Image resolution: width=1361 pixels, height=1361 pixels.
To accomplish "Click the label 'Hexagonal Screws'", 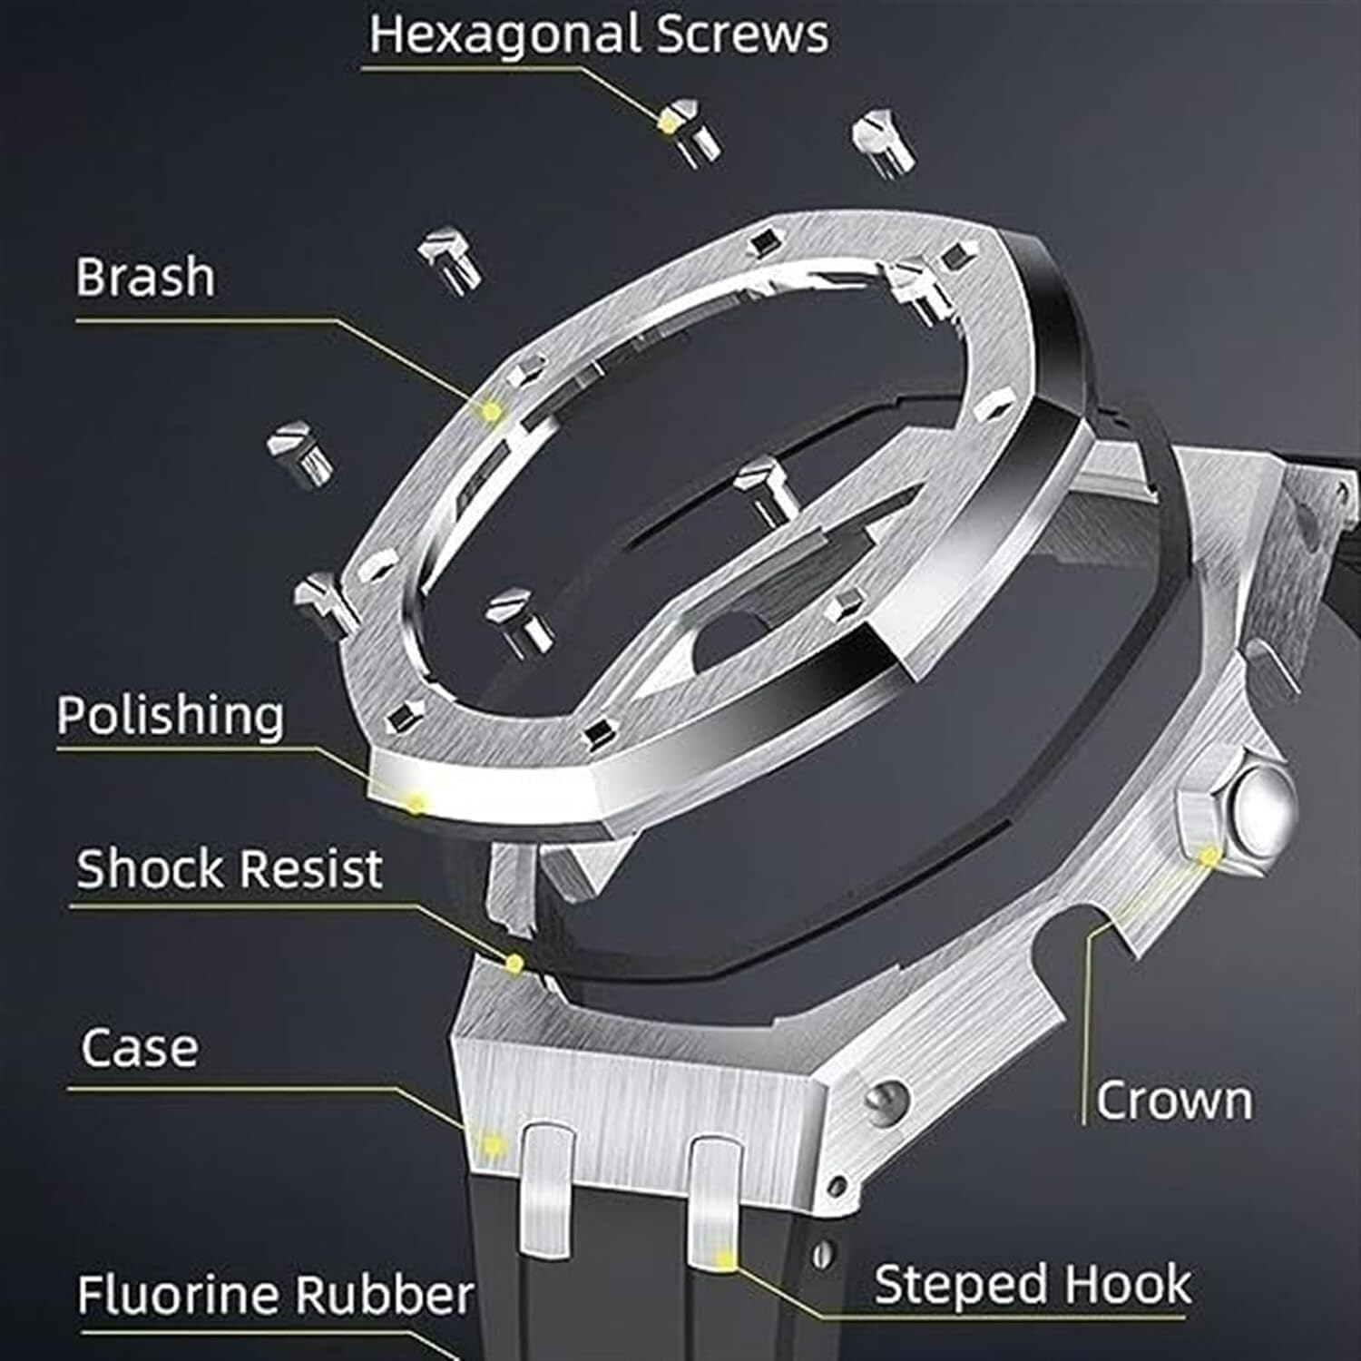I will tap(599, 34).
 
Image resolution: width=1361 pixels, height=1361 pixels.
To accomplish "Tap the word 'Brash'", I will tap(145, 277).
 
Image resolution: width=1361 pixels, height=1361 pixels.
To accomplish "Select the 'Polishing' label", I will tap(170, 716).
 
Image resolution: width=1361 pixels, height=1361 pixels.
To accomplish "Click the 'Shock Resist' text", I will tap(229, 869).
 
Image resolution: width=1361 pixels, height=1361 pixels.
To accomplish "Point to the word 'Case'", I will tap(139, 1048).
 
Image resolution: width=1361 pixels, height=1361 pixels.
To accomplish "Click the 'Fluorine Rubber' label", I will tap(275, 1294).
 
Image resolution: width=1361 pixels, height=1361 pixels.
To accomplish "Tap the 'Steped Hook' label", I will tap(1032, 1285).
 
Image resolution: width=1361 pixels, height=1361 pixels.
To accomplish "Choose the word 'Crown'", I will tap(1173, 1101).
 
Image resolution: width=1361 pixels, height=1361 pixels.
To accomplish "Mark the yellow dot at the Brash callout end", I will tap(491, 412).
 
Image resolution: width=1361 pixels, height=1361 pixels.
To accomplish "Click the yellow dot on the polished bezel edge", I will tap(416, 802).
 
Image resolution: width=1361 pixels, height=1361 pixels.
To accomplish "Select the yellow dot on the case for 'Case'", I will tap(493, 1145).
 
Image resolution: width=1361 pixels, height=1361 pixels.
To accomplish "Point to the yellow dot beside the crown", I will tap(1209, 856).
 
